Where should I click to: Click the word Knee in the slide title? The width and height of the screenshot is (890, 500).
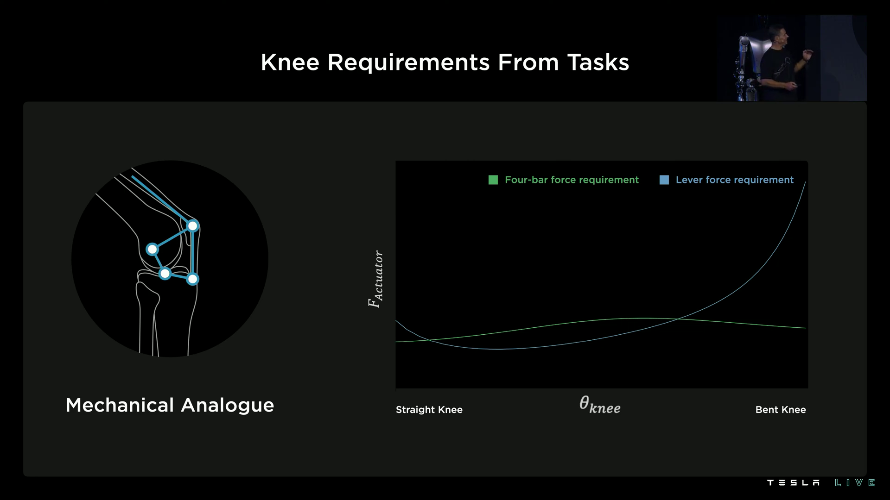[x=290, y=62]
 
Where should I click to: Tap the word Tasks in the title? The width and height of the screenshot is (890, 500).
[x=598, y=62]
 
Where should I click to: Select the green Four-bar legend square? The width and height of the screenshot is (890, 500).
[x=493, y=180]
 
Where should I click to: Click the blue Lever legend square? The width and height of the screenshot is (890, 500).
[x=664, y=180]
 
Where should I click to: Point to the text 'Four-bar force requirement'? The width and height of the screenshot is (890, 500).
[x=572, y=180]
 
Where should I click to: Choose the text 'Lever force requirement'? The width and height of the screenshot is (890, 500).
[x=734, y=180]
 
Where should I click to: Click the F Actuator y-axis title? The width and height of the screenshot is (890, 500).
[x=375, y=279]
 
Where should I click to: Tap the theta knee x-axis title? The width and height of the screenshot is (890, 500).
[x=600, y=405]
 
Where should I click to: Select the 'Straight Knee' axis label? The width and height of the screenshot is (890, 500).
[x=429, y=410]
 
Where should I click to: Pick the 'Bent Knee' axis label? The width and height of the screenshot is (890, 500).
[x=781, y=410]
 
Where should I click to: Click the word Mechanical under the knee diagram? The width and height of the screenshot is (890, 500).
[x=120, y=406]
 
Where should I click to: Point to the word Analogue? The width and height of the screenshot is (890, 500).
[x=228, y=406]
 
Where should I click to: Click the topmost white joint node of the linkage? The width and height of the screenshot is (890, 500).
[x=192, y=226]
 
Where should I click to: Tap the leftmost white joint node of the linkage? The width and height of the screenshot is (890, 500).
[x=152, y=250]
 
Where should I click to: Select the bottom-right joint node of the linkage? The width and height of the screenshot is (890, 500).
[x=192, y=279]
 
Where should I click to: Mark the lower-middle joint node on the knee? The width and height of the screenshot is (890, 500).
[x=165, y=274]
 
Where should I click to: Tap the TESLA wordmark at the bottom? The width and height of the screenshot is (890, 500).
[x=793, y=483]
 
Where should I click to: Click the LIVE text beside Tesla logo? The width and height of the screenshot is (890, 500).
[x=855, y=483]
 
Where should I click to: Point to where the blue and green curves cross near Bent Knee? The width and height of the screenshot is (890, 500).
[x=677, y=319]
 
